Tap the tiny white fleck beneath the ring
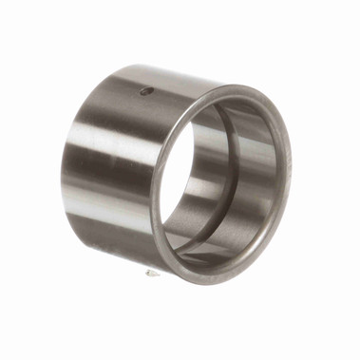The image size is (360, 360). [150, 273]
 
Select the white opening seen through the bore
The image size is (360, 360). [176, 180]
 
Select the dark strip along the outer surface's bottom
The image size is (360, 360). [114, 252]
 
